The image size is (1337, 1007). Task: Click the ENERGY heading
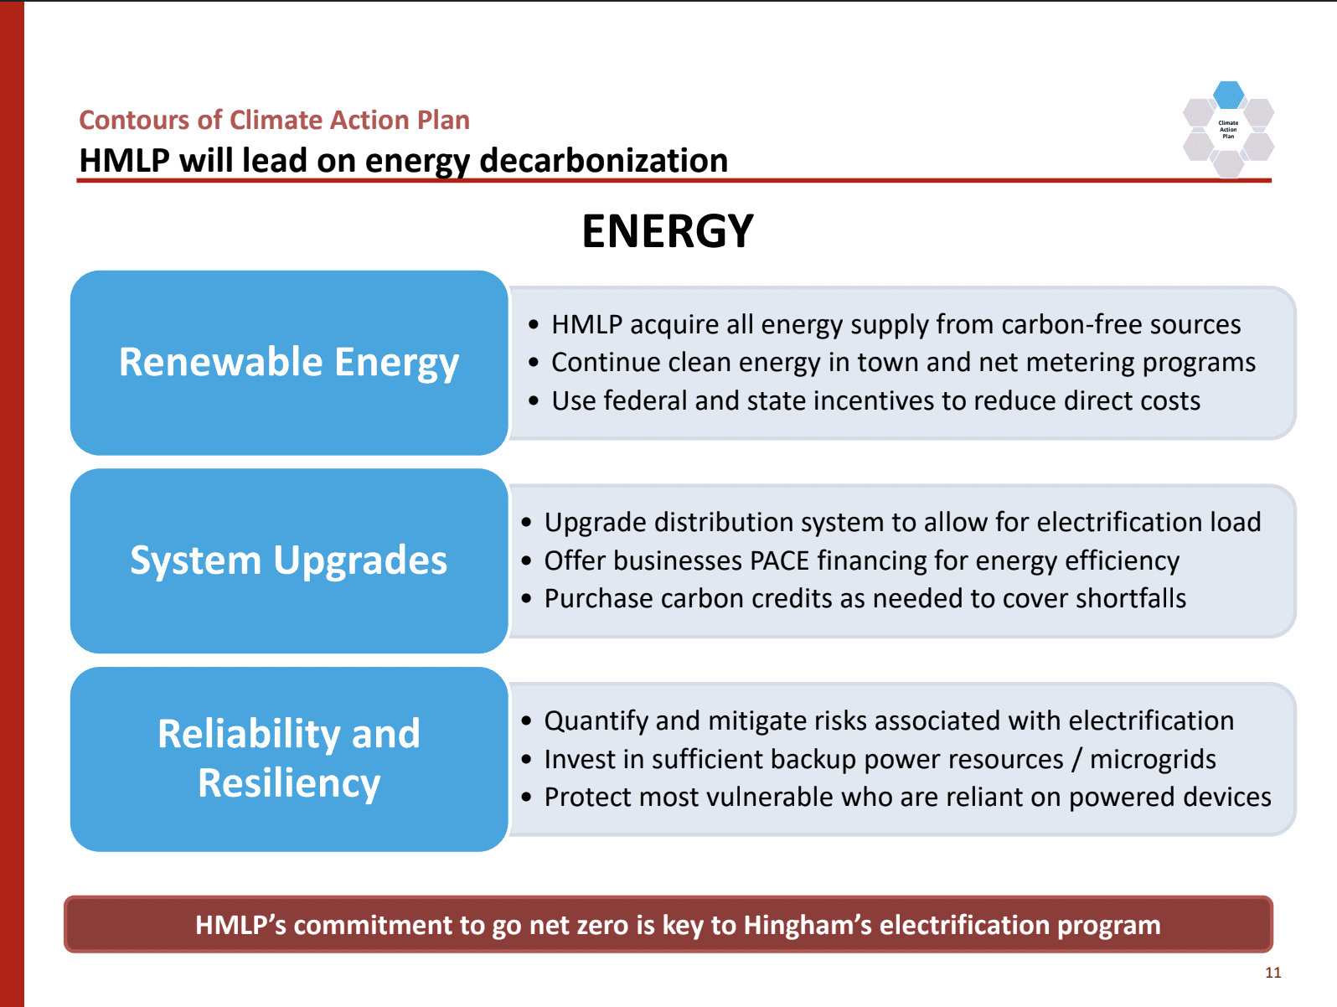[668, 231]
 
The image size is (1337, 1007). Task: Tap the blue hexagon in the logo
[1228, 95]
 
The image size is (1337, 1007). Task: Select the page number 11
[1273, 973]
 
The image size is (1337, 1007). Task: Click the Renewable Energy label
[289, 363]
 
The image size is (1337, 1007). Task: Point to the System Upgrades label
[289, 560]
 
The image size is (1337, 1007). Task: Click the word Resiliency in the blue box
[289, 782]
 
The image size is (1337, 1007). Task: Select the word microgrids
[1153, 760]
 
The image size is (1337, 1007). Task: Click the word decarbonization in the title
[604, 161]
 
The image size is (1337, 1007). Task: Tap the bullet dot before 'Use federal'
[534, 400]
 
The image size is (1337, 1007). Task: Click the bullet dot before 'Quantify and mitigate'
[527, 721]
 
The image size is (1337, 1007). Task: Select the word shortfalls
[1131, 598]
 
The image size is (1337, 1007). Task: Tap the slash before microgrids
[1077, 760]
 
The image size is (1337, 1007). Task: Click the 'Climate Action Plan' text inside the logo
[1228, 129]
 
